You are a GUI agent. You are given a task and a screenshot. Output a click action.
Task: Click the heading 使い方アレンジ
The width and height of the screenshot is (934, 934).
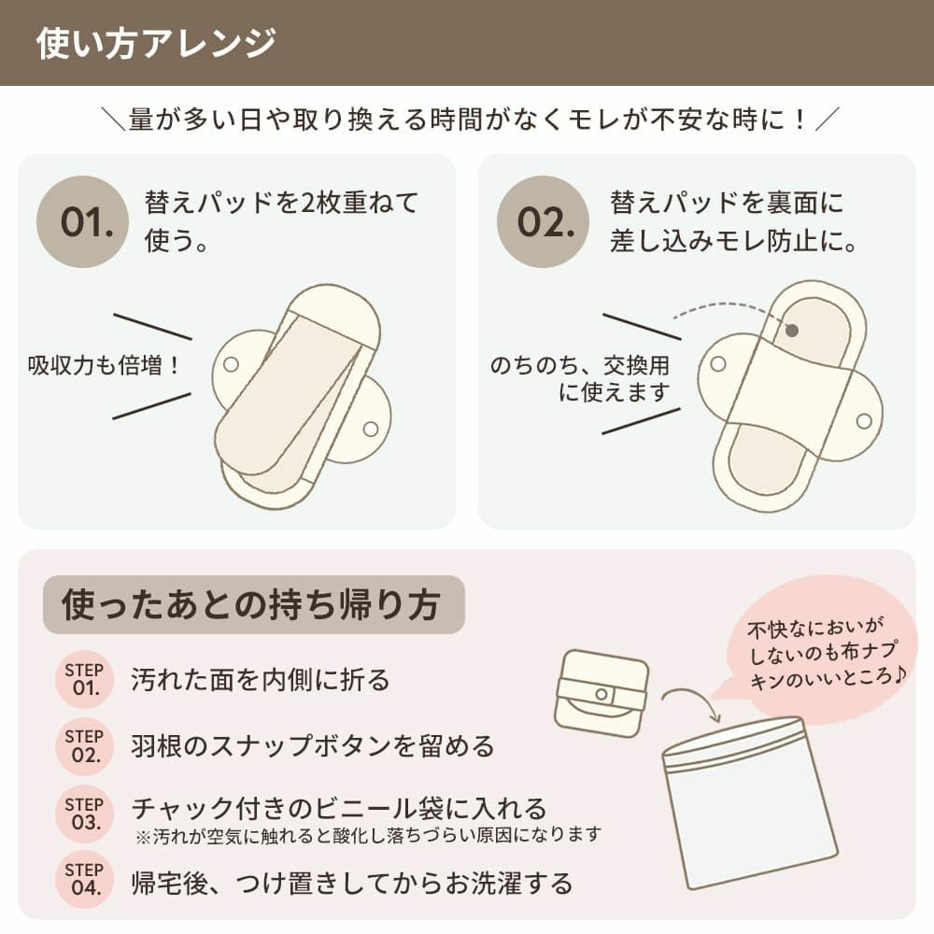tap(156, 44)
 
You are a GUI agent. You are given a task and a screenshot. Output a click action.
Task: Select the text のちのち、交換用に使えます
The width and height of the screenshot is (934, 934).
tap(581, 378)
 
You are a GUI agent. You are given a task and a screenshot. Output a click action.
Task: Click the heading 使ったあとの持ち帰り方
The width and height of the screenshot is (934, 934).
tap(251, 604)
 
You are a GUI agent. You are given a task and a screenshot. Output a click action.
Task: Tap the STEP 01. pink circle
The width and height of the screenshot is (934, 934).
tap(84, 679)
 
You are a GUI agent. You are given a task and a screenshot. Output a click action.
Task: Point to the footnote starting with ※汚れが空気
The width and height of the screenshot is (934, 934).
tap(366, 834)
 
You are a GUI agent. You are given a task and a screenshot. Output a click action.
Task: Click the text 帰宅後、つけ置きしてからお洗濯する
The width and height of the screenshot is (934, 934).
tap(351, 882)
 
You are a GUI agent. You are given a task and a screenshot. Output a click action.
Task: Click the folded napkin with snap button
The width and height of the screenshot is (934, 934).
tap(600, 692)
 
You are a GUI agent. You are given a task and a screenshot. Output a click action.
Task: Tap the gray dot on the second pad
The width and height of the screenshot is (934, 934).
tap(792, 330)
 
